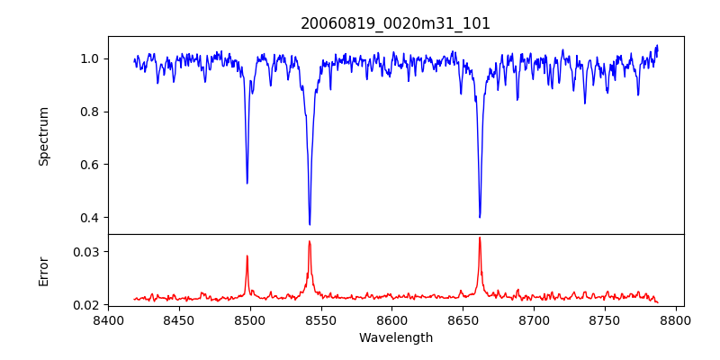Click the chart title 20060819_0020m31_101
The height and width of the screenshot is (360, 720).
395,23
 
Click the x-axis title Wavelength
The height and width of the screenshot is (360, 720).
395,337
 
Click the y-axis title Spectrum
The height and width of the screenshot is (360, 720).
44,136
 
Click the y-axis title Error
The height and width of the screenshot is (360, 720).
44,270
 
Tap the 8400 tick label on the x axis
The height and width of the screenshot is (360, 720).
108,320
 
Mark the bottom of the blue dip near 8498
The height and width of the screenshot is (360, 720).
247,183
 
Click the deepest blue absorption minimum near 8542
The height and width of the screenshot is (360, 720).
310,224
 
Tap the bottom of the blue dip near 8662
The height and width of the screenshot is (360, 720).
480,217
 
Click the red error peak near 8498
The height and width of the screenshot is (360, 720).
247,256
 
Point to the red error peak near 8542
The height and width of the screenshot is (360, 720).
310,241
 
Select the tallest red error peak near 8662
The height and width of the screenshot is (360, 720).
480,238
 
